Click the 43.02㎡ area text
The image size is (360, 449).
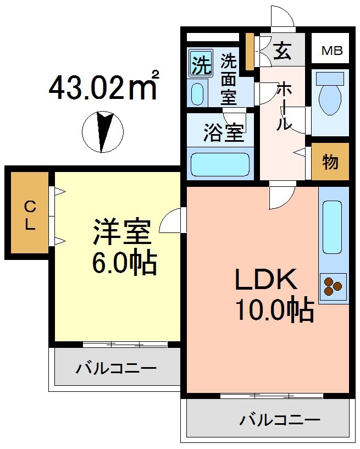click(x=104, y=86)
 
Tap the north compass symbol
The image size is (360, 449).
click(x=102, y=132)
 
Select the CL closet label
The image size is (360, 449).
click(x=29, y=215)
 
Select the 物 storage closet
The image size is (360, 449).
click(x=330, y=162)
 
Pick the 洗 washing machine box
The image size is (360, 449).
click(x=201, y=65)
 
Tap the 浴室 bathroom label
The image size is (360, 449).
click(x=223, y=134)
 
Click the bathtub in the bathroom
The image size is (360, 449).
click(x=220, y=164)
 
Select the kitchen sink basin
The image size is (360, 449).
click(x=333, y=228)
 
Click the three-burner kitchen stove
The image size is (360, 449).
click(x=333, y=285)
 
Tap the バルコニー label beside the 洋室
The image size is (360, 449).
click(x=117, y=367)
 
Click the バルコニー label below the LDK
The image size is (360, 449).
click(x=279, y=420)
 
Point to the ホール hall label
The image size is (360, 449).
click(x=284, y=106)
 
